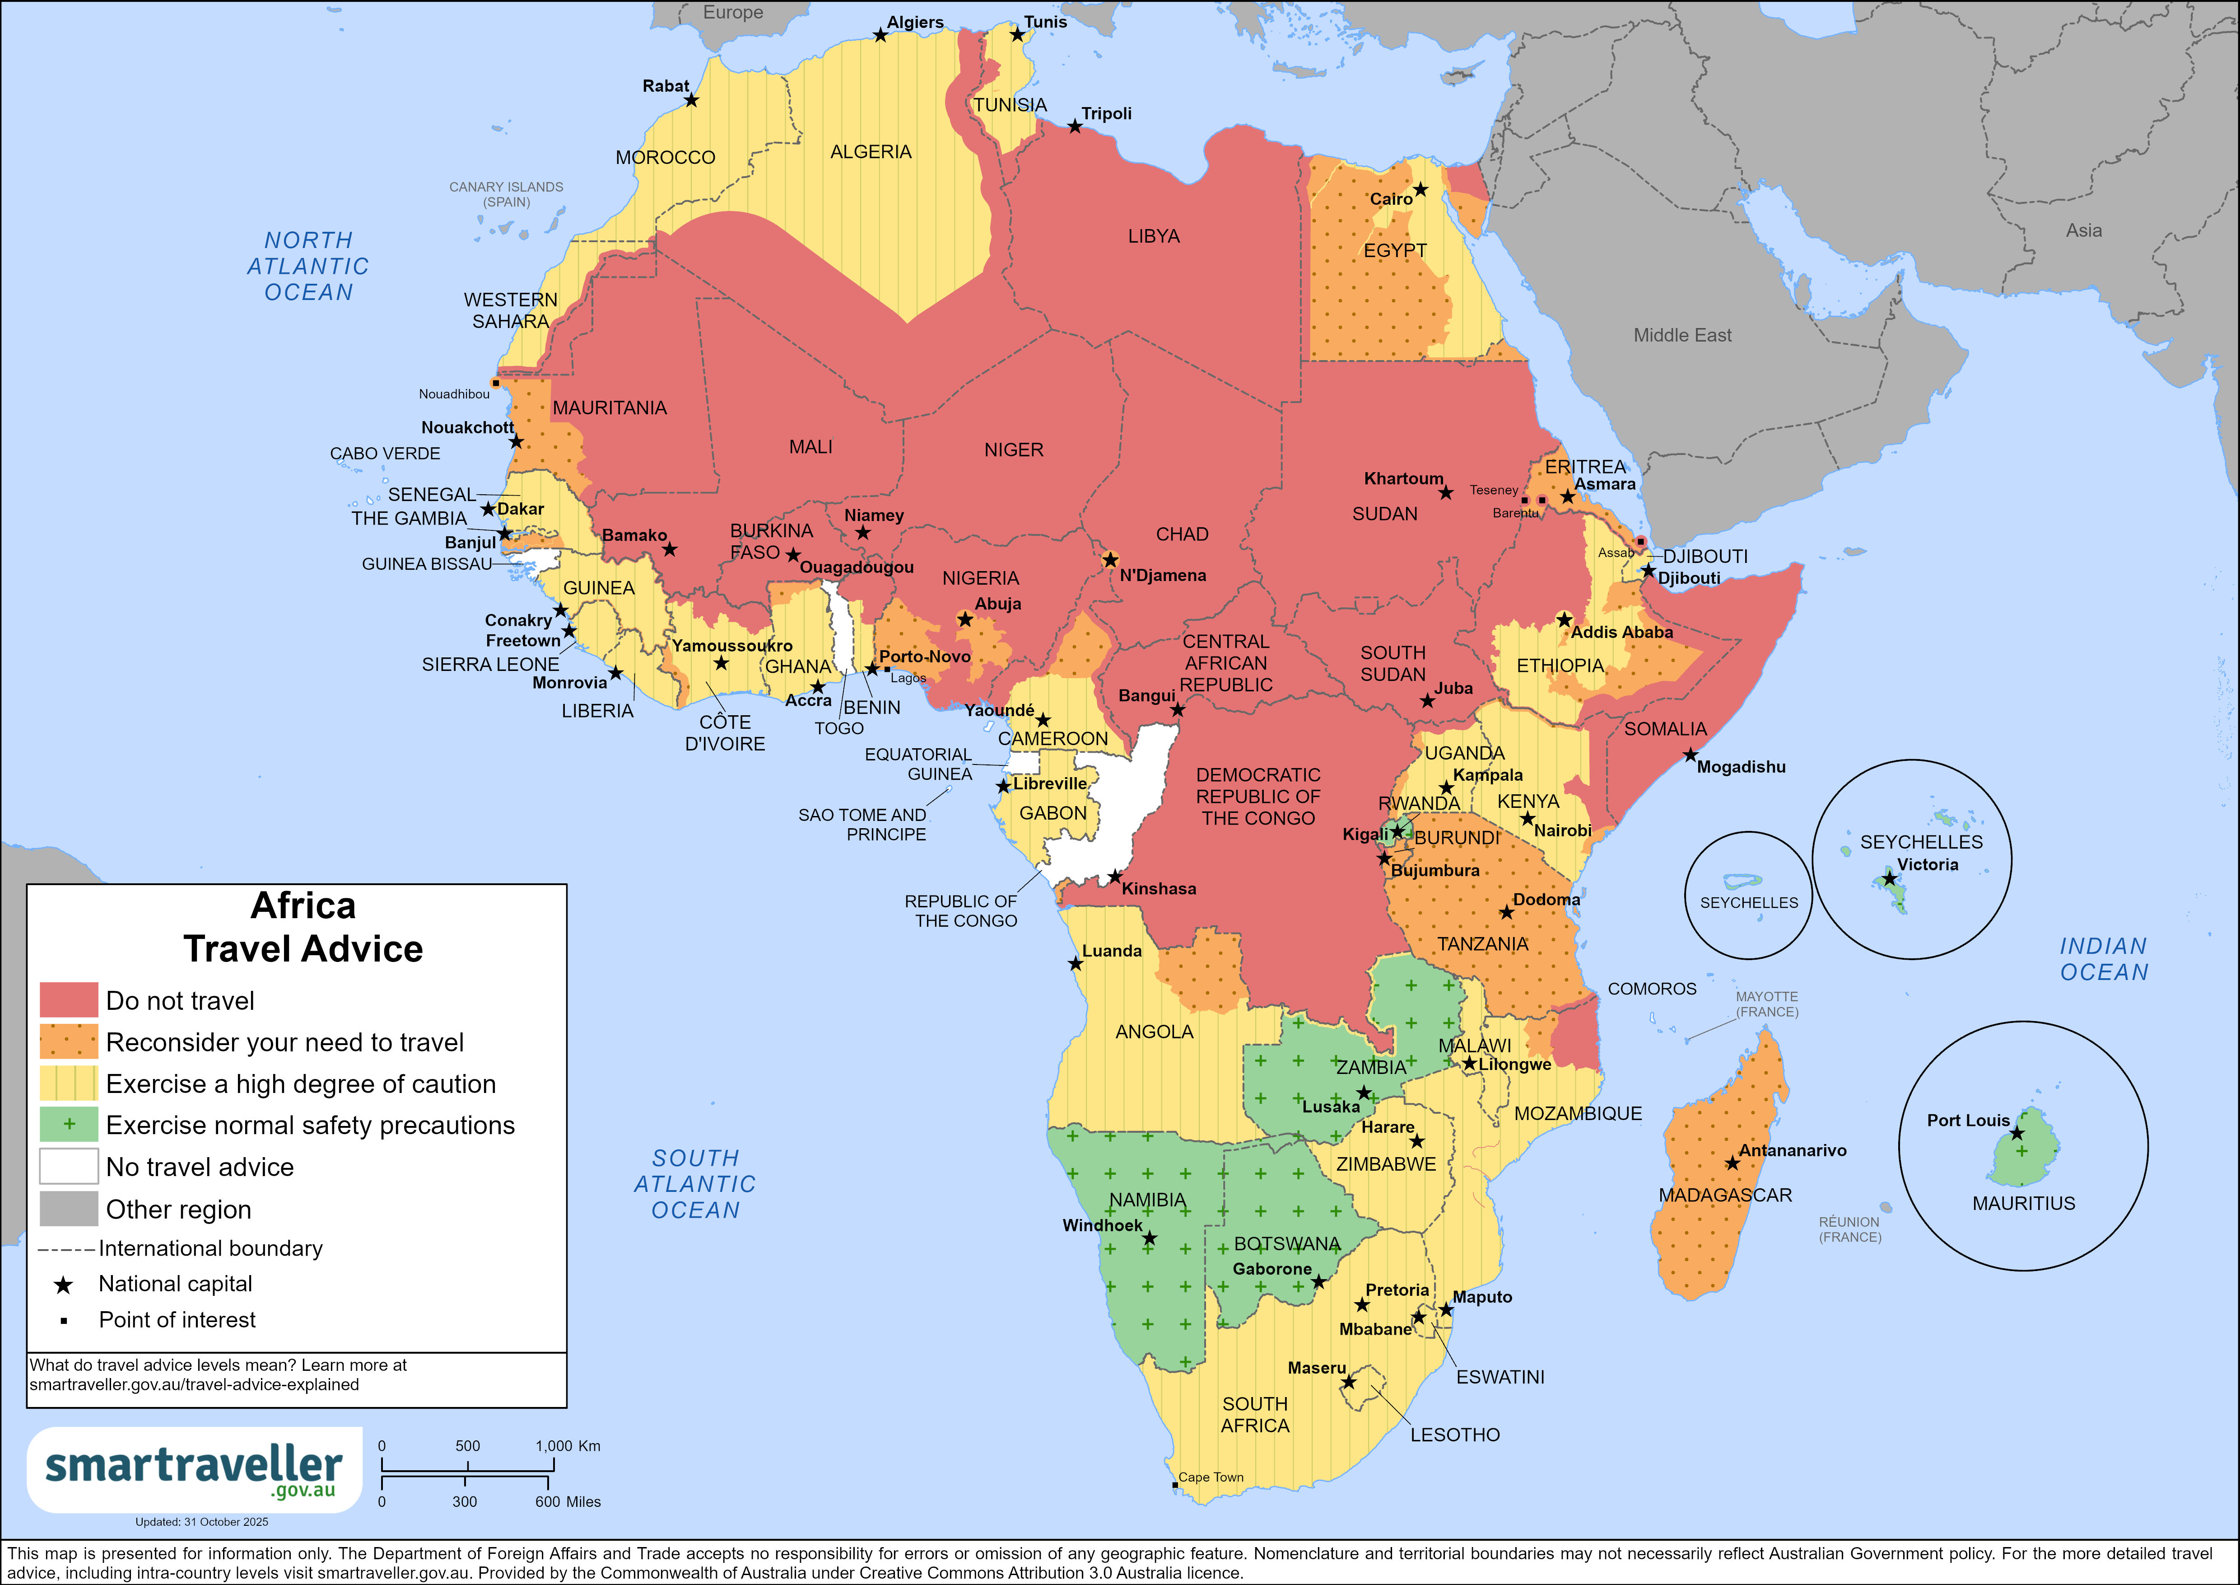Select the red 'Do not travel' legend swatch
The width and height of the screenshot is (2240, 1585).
68,1000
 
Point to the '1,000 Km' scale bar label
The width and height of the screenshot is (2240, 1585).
568,1445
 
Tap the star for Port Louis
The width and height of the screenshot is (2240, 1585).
2016,1133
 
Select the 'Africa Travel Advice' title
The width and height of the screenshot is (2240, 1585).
303,927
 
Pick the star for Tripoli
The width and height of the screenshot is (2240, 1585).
1074,127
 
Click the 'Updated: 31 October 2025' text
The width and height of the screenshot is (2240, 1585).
202,1522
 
